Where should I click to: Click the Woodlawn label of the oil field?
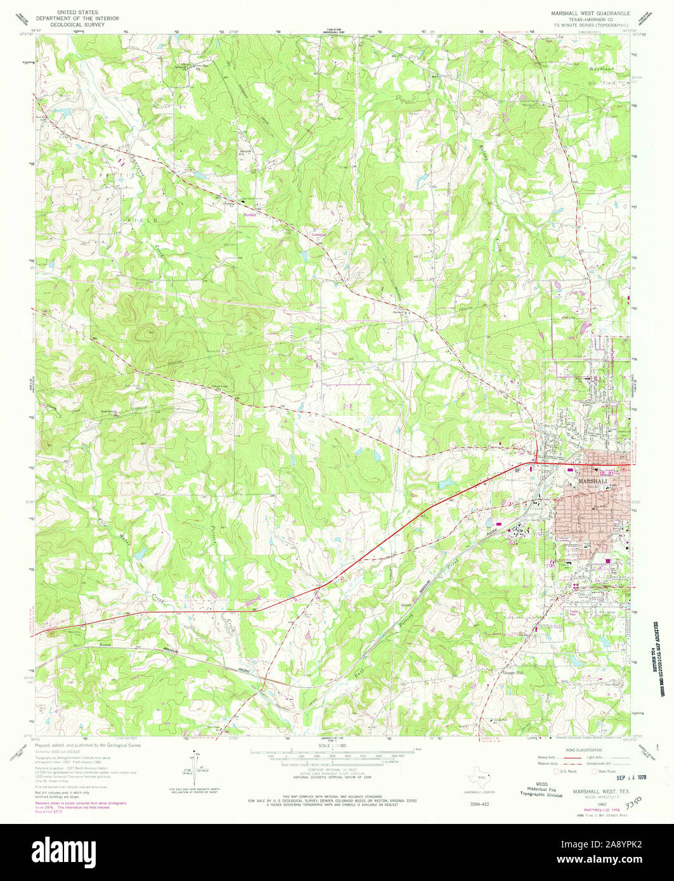tap(587, 67)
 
